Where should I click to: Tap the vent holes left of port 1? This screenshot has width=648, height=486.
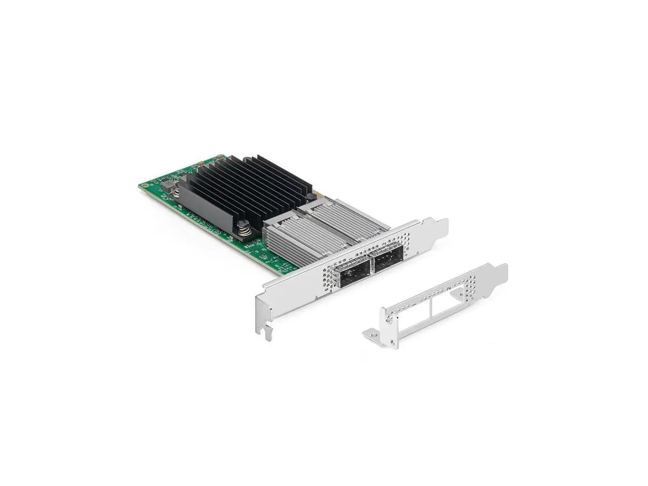pyautogui.click(x=330, y=276)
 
